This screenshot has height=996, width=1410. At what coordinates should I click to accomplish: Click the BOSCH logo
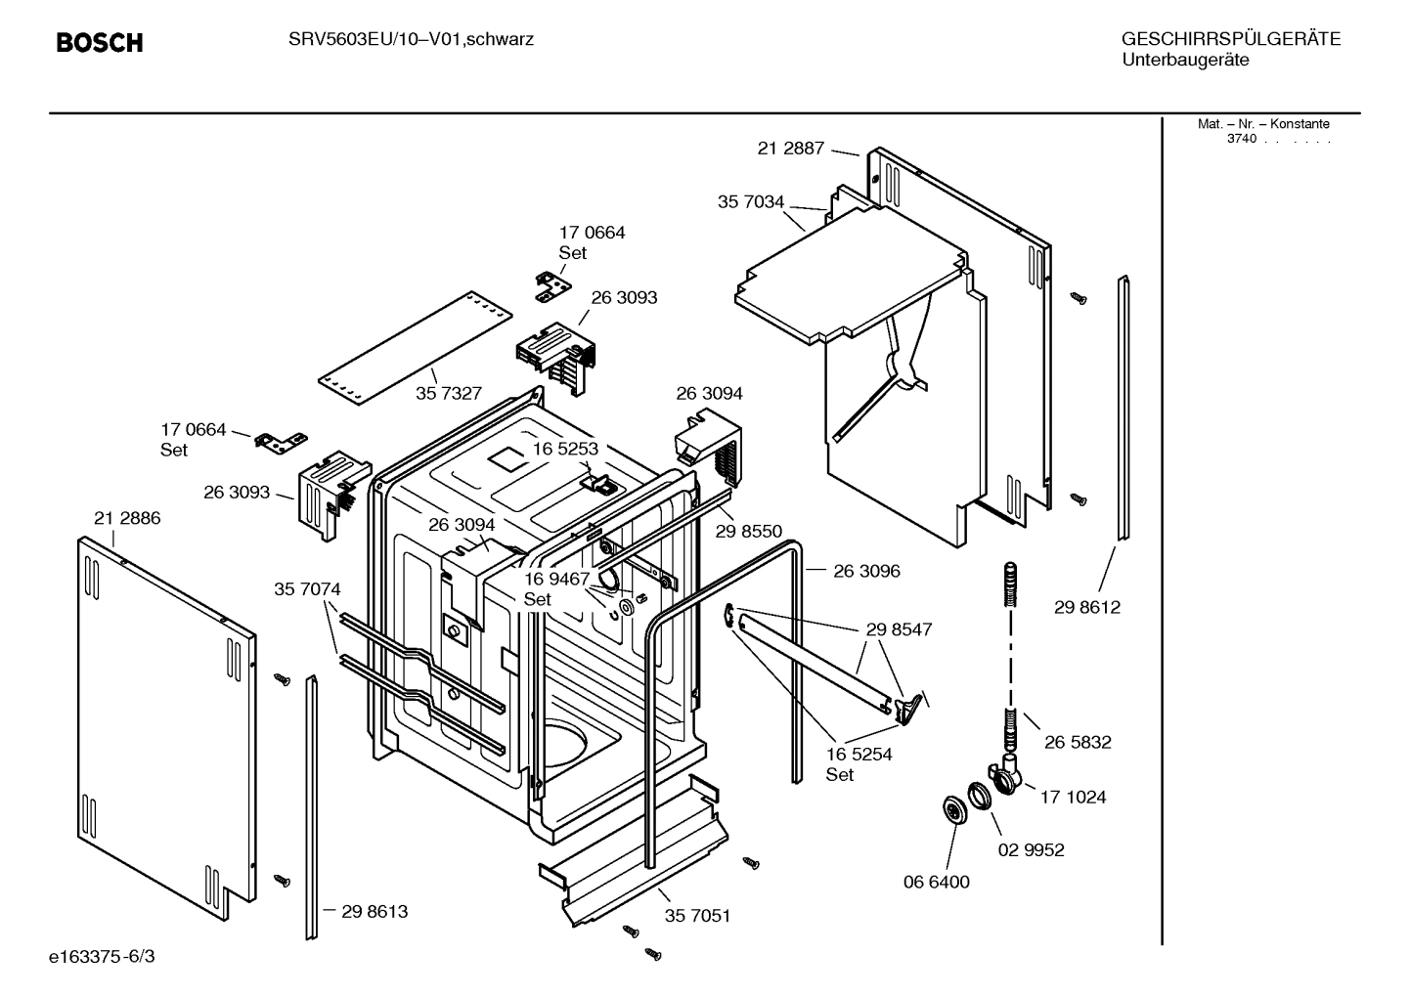[99, 42]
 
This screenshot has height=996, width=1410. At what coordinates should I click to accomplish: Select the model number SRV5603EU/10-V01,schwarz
[411, 40]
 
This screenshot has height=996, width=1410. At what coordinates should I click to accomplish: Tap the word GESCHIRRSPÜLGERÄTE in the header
[1230, 39]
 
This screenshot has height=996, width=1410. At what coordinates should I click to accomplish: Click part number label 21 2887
[790, 149]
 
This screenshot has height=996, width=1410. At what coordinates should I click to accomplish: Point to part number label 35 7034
[751, 202]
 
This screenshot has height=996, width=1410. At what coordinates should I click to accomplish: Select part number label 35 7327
[448, 393]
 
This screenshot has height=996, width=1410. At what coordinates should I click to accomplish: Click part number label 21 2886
[127, 519]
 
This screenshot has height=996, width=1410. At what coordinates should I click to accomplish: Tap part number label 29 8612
[1086, 607]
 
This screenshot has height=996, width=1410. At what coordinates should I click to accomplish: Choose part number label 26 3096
[866, 571]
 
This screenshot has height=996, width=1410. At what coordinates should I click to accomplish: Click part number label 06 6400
[936, 882]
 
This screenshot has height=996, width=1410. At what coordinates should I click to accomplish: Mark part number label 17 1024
[1073, 797]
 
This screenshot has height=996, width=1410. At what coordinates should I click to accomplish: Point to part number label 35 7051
[697, 916]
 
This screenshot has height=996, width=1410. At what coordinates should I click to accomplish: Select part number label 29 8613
[375, 911]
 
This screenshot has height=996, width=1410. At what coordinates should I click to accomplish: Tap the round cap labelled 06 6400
[950, 810]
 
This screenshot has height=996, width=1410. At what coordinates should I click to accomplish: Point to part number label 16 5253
[564, 449]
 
